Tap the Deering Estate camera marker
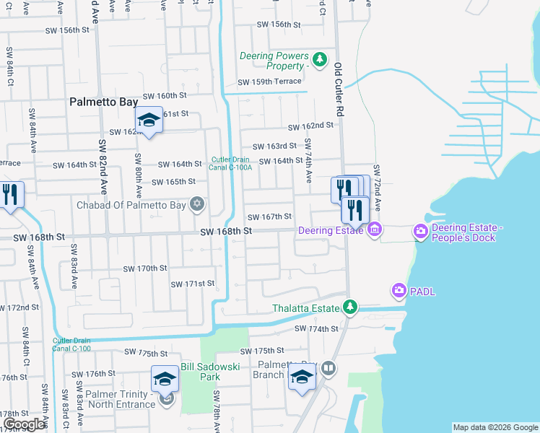tap(374, 231)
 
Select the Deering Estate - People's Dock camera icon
tap(420, 231)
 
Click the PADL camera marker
tap(399, 291)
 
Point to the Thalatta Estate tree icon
tap(349, 308)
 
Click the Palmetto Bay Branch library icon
tap(328, 369)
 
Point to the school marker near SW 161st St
tap(149, 121)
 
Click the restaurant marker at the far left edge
tap(9, 194)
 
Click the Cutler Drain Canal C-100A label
tap(231, 164)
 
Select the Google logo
tap(25, 424)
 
